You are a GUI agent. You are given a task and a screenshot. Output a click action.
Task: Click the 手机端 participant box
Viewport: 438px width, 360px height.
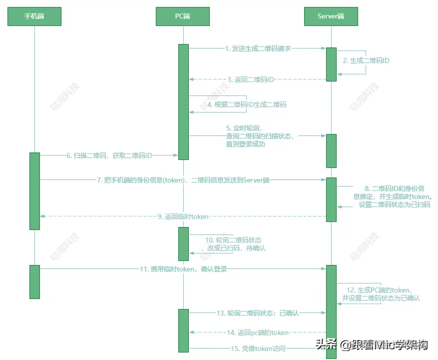click(x=34, y=16)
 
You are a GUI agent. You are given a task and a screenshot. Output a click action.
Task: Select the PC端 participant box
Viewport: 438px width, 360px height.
click(x=182, y=16)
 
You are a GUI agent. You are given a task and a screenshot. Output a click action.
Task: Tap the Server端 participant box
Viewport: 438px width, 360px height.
click(x=331, y=16)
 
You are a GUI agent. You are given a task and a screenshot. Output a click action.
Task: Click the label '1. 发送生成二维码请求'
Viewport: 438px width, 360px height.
click(x=258, y=48)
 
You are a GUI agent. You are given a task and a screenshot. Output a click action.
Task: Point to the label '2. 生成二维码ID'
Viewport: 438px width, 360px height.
click(x=366, y=60)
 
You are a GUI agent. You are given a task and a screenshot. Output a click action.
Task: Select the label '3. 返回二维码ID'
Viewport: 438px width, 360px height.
click(x=251, y=79)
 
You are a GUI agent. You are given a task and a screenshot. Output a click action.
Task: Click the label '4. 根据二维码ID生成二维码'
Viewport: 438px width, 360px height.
click(x=247, y=105)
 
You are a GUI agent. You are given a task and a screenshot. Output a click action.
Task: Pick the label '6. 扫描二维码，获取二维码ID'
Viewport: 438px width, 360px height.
click(x=109, y=155)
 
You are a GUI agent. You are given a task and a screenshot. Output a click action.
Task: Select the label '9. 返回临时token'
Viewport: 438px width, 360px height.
click(x=183, y=216)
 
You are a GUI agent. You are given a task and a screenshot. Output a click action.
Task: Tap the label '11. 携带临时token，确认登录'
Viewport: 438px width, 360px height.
click(x=183, y=269)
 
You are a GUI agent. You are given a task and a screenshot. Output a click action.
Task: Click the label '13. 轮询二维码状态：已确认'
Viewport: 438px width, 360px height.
click(x=257, y=313)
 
